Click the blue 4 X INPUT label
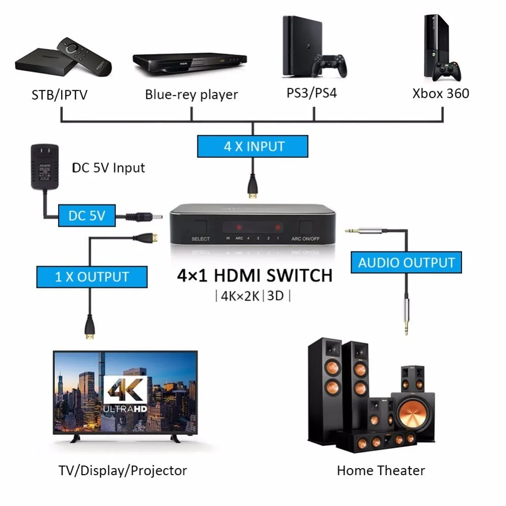click(252, 147)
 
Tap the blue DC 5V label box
click(87, 216)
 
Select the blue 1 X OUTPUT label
click(92, 277)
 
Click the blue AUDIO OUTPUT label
click(406, 263)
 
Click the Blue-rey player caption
click(191, 95)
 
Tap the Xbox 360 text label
click(440, 93)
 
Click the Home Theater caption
click(381, 471)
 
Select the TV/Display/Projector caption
click(122, 471)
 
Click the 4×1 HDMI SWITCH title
click(255, 275)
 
